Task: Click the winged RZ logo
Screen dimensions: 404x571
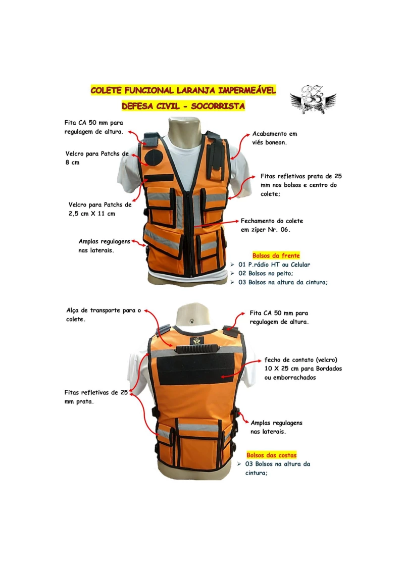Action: pos(313,99)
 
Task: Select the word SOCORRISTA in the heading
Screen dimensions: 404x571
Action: pos(218,106)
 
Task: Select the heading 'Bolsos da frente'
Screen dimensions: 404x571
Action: pos(276,255)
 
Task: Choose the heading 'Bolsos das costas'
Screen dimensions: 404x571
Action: pos(271,455)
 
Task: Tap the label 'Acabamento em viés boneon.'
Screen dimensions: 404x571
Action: pos(274,138)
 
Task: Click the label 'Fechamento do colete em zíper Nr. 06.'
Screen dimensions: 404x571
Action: pos(272,225)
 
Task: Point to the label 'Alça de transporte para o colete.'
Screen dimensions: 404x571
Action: pos(104,315)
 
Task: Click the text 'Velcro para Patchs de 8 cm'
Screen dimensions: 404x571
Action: pos(97,158)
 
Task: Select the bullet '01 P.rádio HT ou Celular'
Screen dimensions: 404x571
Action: pos(274,265)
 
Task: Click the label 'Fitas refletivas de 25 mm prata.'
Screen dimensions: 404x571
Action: pos(96,397)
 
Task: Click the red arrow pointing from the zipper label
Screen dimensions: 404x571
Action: pos(216,224)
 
